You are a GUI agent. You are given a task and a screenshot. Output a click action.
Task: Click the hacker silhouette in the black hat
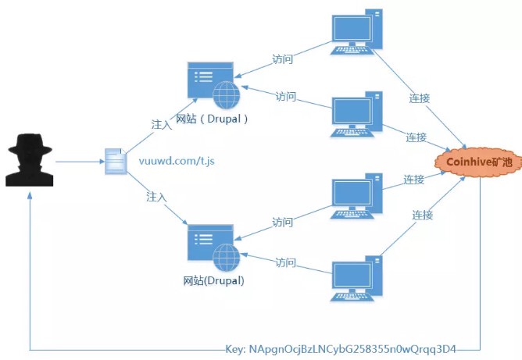coord(30,160)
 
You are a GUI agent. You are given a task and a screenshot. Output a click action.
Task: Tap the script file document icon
coord(116,162)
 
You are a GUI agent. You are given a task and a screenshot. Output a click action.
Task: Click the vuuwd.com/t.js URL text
coord(177,161)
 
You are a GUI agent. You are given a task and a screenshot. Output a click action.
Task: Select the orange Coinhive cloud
coord(478,162)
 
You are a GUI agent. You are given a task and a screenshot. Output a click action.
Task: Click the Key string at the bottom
coord(340,349)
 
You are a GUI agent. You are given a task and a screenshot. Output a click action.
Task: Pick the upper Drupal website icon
coord(213,85)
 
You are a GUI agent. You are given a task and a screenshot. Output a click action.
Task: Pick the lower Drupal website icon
coord(213,248)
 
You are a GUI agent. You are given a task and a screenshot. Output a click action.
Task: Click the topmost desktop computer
coord(356,31)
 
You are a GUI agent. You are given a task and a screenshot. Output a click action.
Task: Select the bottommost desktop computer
coord(356,278)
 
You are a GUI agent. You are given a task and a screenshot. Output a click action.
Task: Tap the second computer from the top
coord(356,114)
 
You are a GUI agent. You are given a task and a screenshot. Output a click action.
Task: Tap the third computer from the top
coord(356,196)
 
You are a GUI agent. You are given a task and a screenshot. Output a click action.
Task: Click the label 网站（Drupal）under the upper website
coord(212,119)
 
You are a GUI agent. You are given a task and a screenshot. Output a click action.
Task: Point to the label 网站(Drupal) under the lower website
coord(214,281)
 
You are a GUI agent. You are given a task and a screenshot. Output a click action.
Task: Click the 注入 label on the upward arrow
coord(162,124)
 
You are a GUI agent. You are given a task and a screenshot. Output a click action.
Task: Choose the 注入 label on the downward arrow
coord(156,197)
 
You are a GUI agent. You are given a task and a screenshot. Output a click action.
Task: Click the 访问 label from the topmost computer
coord(282,59)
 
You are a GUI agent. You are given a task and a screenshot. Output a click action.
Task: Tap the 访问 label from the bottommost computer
coord(286,262)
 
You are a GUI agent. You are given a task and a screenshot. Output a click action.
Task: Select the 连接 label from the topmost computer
coord(420,98)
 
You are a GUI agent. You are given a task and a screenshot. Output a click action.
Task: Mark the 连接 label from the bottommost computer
coord(423,215)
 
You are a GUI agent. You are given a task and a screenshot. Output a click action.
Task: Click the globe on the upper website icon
coord(227,95)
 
